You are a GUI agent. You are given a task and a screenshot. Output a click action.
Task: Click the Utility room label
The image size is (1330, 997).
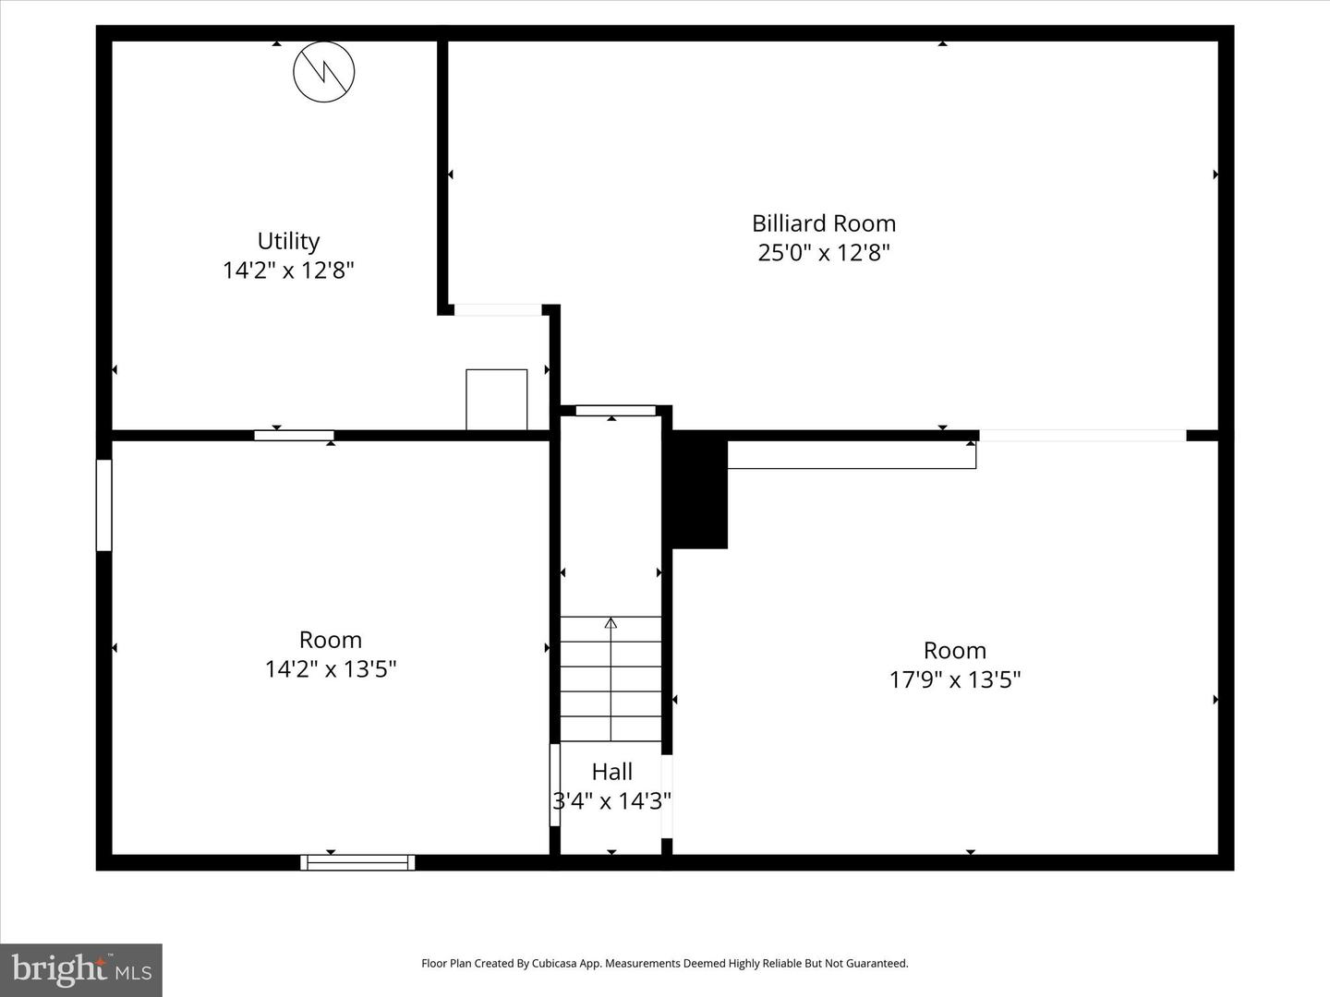[x=288, y=241]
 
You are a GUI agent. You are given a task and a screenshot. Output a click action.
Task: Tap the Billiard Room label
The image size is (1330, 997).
[x=823, y=223]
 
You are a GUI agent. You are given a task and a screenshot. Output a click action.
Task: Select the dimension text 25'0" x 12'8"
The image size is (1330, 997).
[x=823, y=253]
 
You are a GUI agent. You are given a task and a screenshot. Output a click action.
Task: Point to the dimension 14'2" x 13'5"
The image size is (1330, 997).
[x=331, y=669]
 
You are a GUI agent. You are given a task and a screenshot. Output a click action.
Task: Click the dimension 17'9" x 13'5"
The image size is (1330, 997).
[x=954, y=680]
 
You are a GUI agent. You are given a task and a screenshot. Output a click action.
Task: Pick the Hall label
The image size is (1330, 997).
[x=611, y=772]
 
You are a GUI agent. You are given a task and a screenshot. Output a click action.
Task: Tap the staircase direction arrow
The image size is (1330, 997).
[x=611, y=624]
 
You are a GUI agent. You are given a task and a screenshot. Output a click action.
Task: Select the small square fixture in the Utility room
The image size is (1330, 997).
[x=496, y=399]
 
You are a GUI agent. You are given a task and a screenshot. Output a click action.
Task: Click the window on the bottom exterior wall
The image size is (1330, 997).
[x=357, y=862]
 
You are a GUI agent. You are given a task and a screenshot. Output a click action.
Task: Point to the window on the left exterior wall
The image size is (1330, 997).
[x=104, y=505]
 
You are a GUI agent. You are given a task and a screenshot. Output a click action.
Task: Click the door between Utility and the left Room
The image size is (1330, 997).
[x=294, y=435]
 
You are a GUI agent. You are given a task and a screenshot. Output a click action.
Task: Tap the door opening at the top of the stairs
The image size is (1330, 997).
[x=615, y=410]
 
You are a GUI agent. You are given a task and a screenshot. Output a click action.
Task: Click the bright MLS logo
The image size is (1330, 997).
[x=81, y=969]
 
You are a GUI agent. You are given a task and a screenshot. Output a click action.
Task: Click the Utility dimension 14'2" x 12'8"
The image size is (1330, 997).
[x=288, y=270]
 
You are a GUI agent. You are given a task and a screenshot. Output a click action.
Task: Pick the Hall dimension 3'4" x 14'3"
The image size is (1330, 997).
[x=611, y=801]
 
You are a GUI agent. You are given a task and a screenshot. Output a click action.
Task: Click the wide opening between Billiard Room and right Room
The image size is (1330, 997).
[x=1082, y=435]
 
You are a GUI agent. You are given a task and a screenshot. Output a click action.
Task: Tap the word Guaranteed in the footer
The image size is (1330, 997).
[x=877, y=964]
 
